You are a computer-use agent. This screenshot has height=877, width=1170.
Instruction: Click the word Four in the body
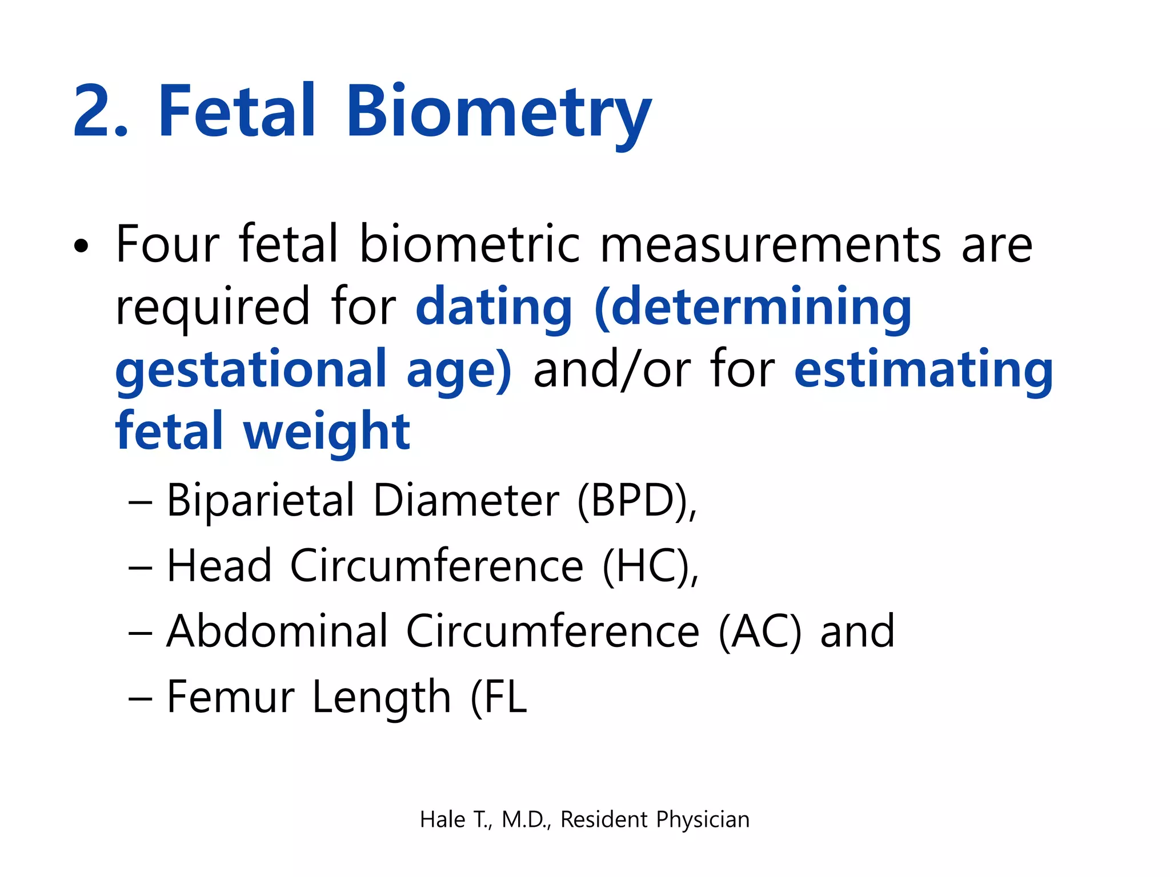tap(167, 244)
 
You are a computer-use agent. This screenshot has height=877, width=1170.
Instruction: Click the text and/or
tap(612, 370)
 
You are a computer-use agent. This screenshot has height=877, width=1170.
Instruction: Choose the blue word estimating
tap(923, 370)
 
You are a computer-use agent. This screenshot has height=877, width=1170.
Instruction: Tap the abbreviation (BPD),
tap(637, 501)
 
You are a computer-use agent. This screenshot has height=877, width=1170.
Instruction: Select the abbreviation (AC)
tap(760, 631)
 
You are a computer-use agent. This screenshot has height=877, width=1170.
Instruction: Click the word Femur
tap(230, 697)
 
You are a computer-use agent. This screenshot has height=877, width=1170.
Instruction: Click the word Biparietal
tap(261, 501)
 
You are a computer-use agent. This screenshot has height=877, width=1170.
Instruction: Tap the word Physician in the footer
tap(703, 819)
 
